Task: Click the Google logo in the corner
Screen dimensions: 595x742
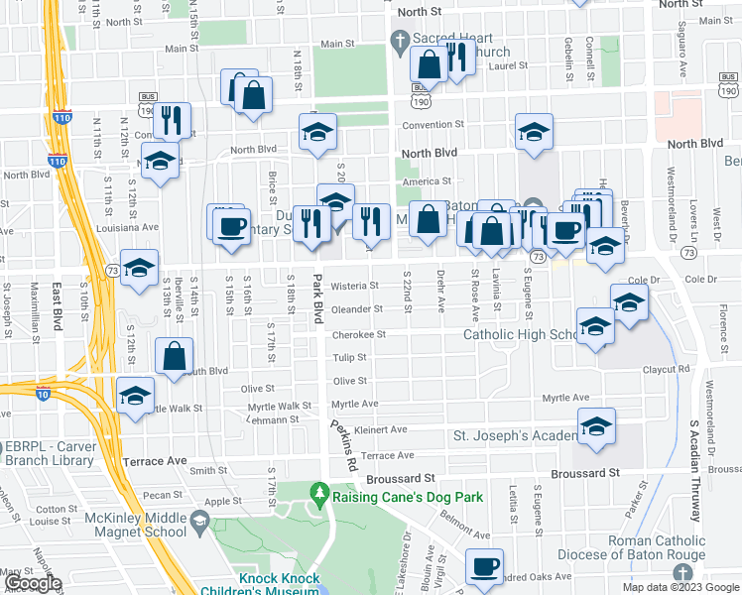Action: tap(34, 583)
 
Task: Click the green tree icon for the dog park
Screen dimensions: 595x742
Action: tap(319, 492)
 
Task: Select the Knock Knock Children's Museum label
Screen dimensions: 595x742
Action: tap(264, 584)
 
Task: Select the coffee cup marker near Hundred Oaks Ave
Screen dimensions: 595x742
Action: tap(483, 565)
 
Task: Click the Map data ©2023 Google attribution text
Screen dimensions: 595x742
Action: tap(680, 587)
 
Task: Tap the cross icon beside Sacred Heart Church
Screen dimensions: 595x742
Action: tap(401, 41)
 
